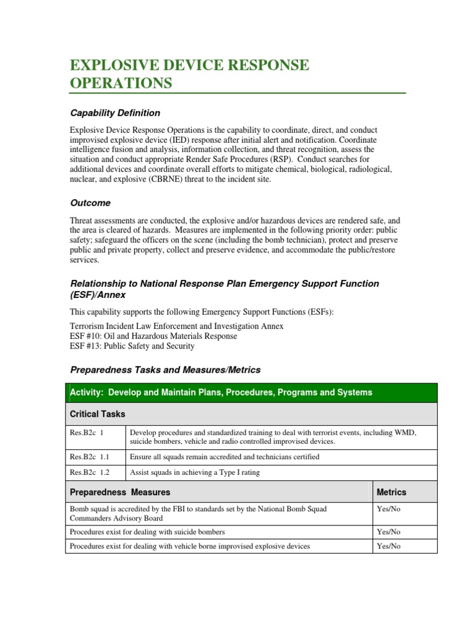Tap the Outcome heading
[x=90, y=203]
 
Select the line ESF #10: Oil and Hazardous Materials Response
[x=153, y=336]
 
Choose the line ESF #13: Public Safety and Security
[x=132, y=346]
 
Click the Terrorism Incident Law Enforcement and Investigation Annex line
[x=177, y=326]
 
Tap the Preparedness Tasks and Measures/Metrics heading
[x=165, y=370]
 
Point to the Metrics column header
[x=392, y=492]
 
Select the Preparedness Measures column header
[x=120, y=492]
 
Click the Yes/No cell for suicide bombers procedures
[x=388, y=532]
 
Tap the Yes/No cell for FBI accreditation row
[x=388, y=509]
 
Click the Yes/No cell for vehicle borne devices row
[x=388, y=546]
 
